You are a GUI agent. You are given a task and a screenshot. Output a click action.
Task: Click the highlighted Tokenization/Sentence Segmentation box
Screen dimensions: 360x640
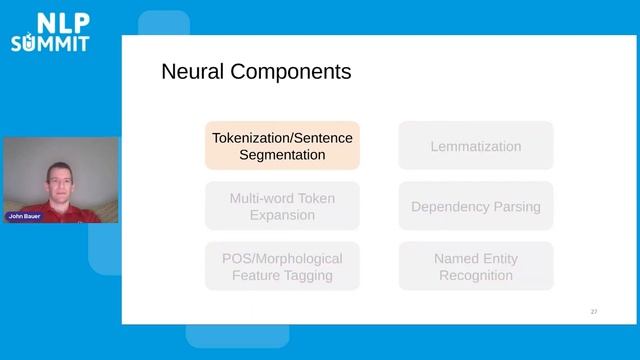point(282,146)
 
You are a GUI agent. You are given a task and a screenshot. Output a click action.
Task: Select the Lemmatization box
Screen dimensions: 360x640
point(475,146)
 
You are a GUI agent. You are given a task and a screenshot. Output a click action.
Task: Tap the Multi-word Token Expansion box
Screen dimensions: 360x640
point(282,206)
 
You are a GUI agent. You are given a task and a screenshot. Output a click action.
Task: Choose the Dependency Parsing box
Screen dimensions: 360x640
point(475,206)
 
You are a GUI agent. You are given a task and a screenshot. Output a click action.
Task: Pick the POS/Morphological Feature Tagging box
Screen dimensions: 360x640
point(282,266)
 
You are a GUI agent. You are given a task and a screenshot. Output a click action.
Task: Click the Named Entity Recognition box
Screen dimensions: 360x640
point(475,266)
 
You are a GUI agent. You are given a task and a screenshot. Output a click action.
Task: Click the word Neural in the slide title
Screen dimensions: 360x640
point(192,72)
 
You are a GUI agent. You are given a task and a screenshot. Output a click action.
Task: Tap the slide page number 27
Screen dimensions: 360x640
point(594,312)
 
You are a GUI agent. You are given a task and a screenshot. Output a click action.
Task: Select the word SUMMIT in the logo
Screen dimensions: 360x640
point(50,43)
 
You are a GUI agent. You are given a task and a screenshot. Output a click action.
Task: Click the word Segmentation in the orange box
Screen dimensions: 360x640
point(282,155)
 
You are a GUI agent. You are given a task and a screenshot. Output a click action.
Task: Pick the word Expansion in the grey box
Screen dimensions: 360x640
point(282,215)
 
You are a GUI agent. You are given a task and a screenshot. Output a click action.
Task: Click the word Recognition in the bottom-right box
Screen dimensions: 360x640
point(475,275)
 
